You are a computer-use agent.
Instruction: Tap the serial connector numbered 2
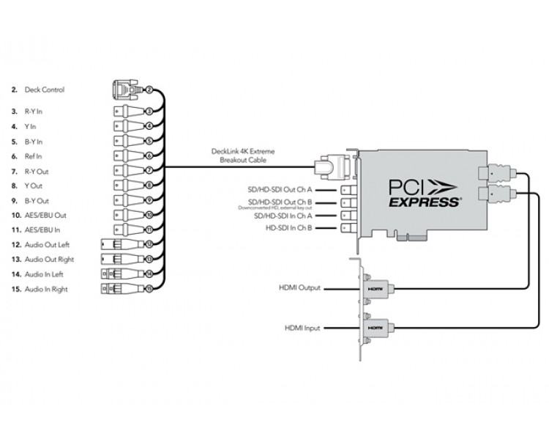pos(126,89)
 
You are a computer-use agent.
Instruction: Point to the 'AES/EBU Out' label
pos(45,215)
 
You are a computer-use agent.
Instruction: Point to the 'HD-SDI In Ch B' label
pos(291,228)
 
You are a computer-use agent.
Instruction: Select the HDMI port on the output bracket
pos(376,289)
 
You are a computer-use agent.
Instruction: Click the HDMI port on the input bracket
pos(376,327)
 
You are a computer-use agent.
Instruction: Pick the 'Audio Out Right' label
pos(50,259)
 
